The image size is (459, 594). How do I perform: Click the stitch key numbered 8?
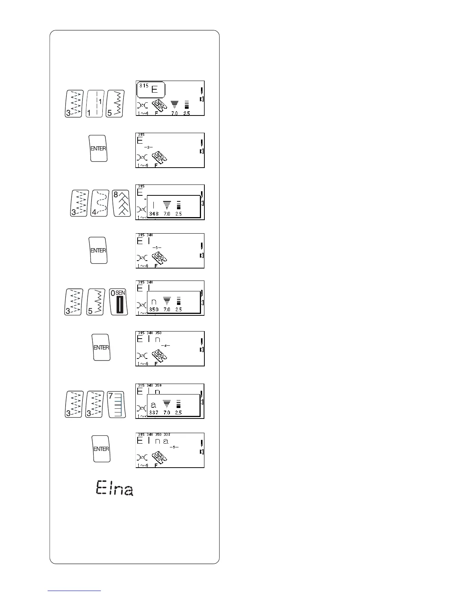point(122,203)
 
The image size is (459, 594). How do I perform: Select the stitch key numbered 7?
point(117,404)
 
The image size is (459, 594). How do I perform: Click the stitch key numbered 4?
point(99,203)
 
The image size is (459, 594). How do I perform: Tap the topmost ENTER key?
point(98,148)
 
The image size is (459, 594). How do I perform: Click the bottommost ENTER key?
point(101,448)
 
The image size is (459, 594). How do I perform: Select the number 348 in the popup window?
point(154,214)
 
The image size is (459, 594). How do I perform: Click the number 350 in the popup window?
point(154,310)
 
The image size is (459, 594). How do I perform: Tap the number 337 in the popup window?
point(154,412)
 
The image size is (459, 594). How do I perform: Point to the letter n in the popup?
point(154,301)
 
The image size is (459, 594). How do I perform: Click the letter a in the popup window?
point(153,405)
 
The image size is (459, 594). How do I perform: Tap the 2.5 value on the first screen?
point(187,113)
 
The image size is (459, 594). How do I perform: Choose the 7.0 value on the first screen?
point(174,113)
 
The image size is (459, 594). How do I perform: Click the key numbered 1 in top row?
point(94,103)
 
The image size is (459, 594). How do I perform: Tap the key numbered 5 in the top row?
point(114,103)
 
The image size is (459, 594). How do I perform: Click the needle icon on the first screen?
point(202,91)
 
